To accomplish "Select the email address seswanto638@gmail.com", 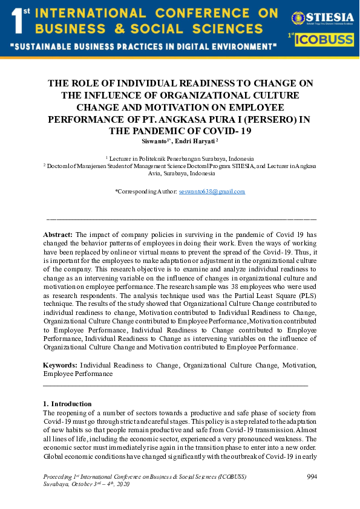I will click(x=212, y=192).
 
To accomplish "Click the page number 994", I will click(x=312, y=477).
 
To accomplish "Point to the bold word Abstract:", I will click(x=58, y=234).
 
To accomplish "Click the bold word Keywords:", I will click(x=61, y=366).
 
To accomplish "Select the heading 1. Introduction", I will click(x=67, y=404).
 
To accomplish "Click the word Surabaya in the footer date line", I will click(x=56, y=484).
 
